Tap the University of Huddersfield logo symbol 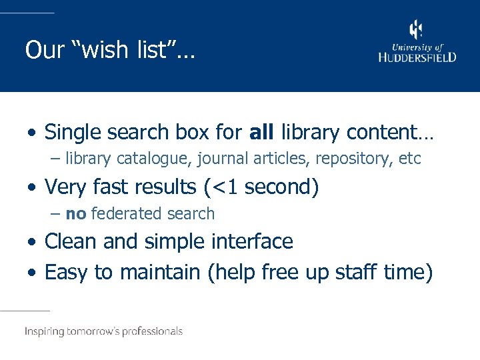pyautogui.click(x=416, y=29)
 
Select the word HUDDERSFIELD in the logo pyautogui.click(x=417, y=57)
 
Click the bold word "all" pyautogui.click(x=261, y=132)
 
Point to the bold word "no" pyautogui.click(x=75, y=214)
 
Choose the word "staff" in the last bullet pyautogui.click(x=357, y=272)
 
